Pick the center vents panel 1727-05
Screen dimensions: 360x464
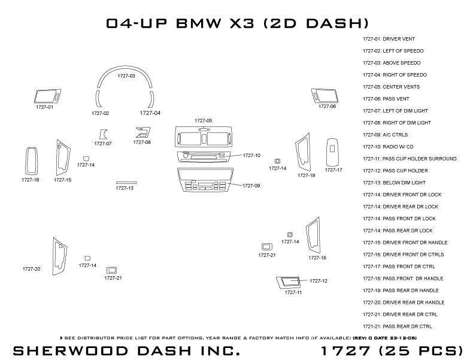(203, 137)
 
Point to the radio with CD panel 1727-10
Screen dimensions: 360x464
(204, 157)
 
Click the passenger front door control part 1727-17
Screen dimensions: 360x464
(333, 152)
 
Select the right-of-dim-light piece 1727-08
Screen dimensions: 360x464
(142, 132)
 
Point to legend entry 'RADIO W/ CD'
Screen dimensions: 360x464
(387, 147)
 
